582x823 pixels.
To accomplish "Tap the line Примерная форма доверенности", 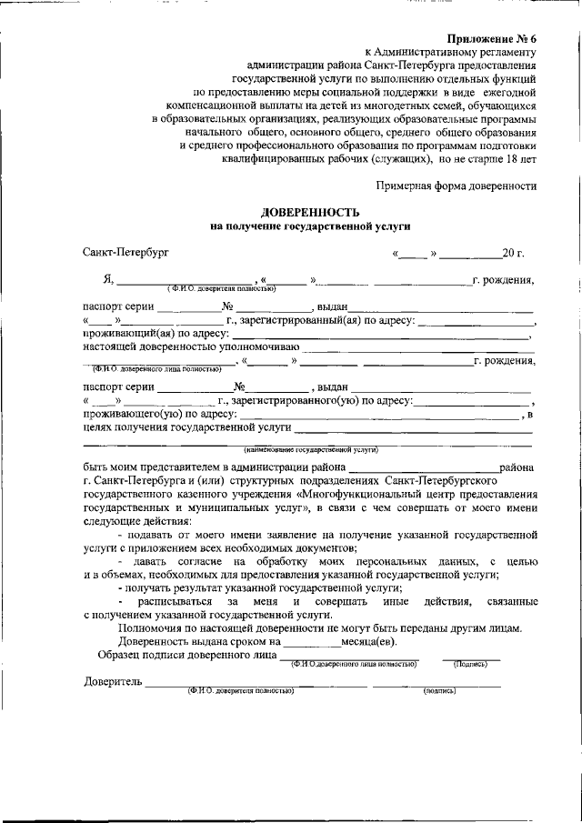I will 457,185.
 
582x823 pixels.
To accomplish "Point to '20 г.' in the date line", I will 514,251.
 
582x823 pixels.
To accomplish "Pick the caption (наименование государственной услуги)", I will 310,449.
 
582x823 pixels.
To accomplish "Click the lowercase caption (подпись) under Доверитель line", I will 439,692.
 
